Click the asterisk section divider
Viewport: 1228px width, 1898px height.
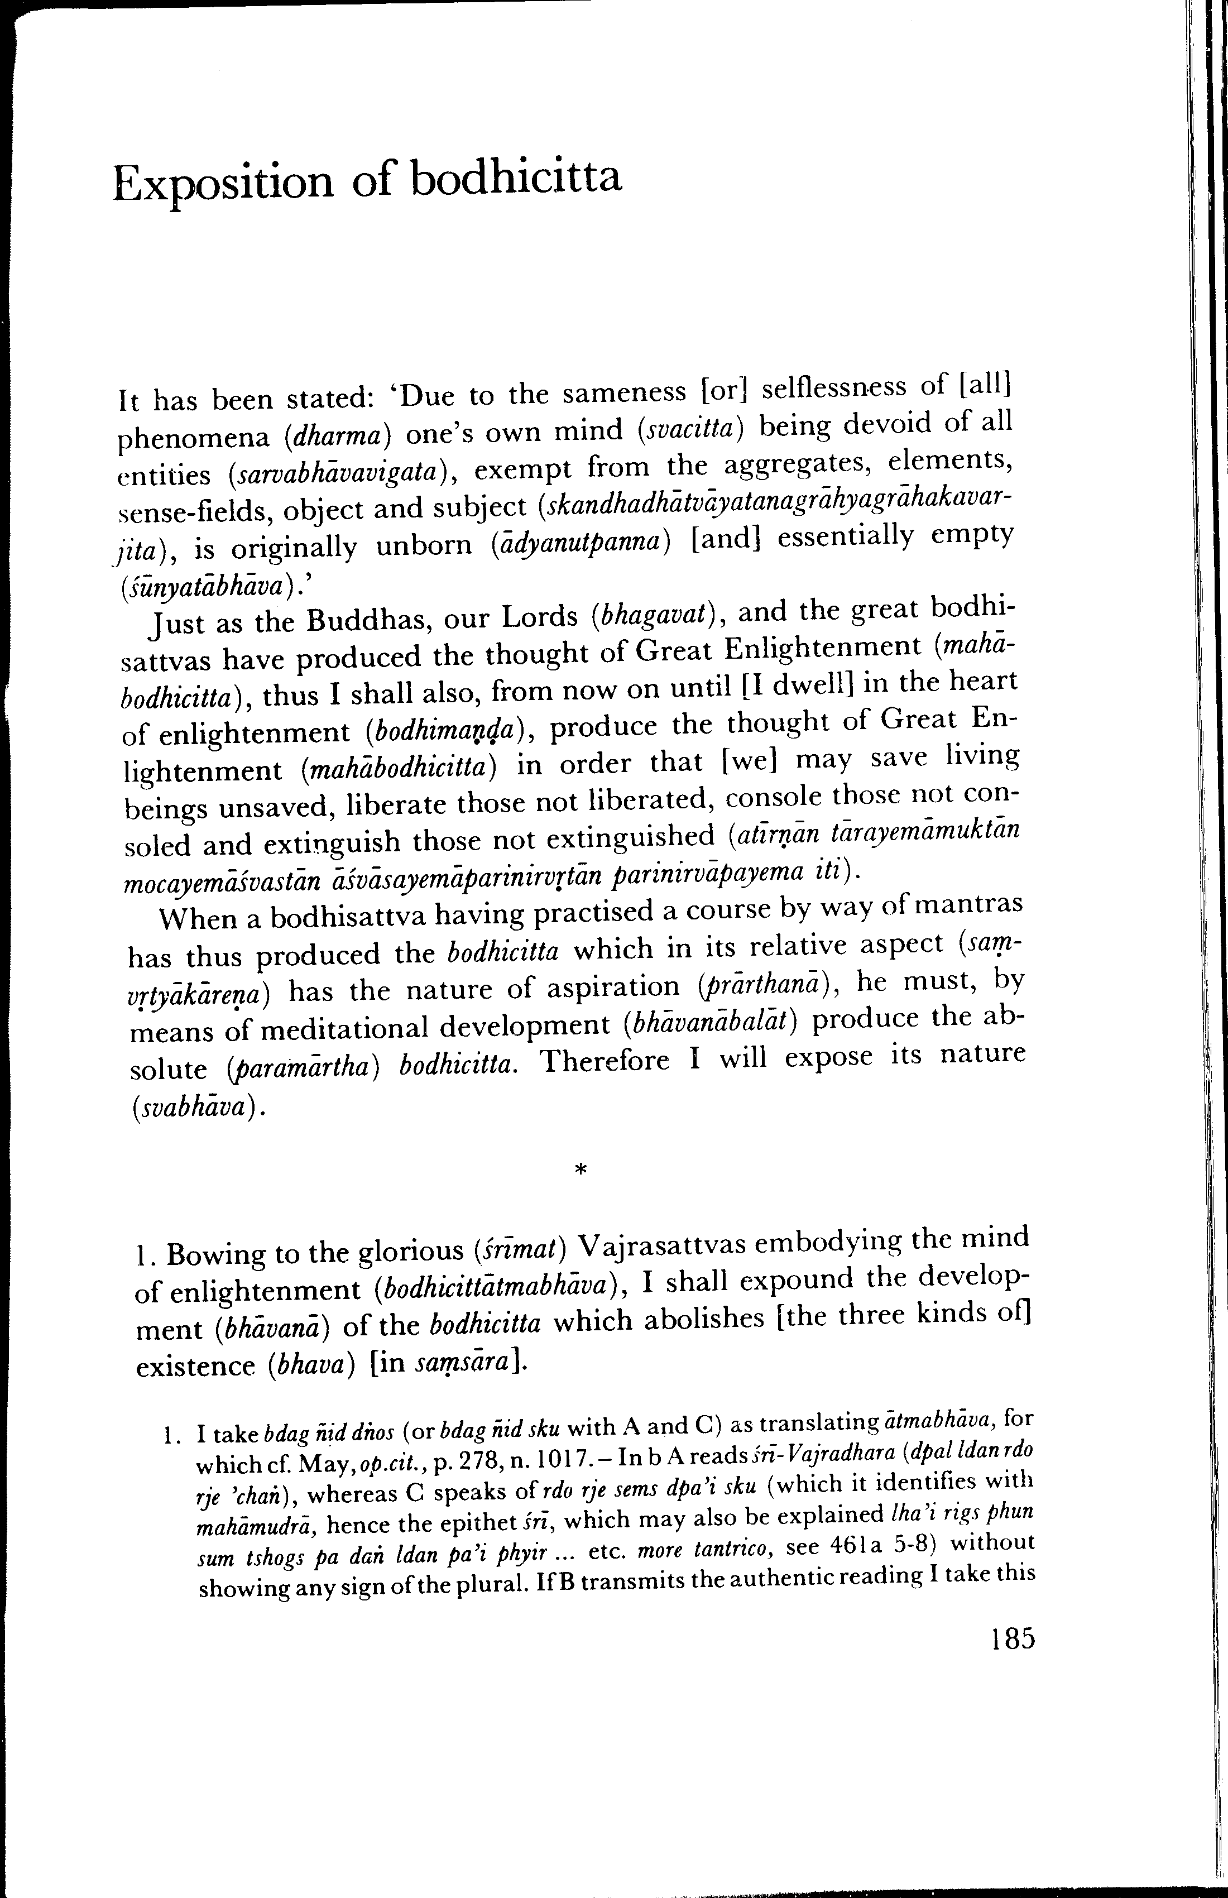pyautogui.click(x=581, y=1171)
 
